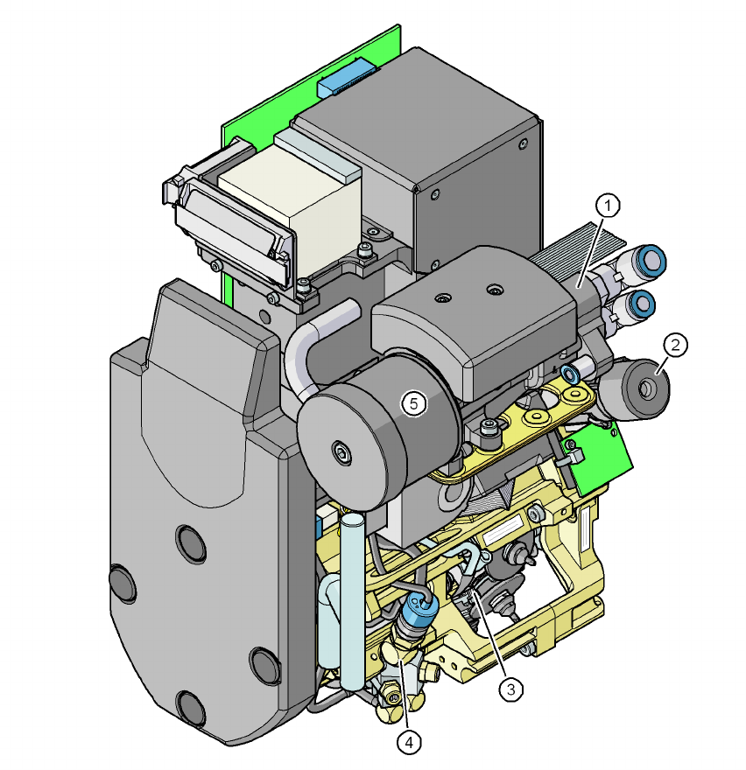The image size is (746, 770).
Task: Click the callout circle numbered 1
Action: [x=608, y=206]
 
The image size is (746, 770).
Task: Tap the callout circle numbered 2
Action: [x=675, y=346]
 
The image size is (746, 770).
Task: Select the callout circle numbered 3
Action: [x=511, y=689]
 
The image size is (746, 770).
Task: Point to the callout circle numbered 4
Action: [x=410, y=743]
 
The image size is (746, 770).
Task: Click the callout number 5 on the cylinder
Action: [x=414, y=403]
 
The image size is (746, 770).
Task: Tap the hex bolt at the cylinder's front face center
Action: [x=341, y=451]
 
